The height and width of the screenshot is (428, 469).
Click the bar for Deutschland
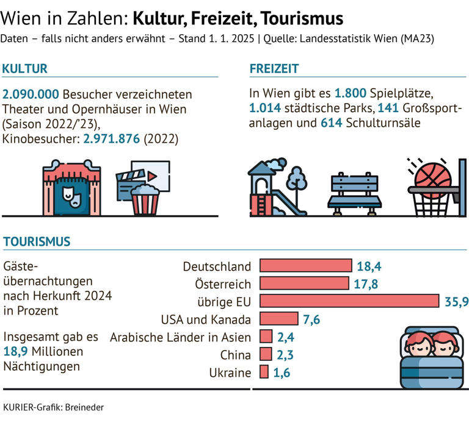click(x=306, y=266)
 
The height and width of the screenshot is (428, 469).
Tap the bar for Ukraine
click(x=264, y=372)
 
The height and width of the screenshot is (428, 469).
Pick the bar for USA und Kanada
click(x=279, y=319)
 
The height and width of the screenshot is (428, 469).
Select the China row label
click(x=235, y=355)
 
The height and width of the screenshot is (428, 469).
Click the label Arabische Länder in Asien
click(x=180, y=337)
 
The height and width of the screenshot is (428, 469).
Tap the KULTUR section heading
click(x=25, y=69)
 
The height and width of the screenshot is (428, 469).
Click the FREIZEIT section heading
click(x=274, y=69)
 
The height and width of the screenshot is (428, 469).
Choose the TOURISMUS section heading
click(x=37, y=242)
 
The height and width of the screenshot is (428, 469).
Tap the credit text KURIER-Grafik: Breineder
click(x=53, y=407)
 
